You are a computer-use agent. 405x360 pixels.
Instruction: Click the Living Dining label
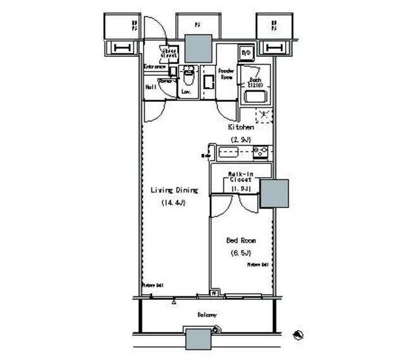pyautogui.click(x=174, y=190)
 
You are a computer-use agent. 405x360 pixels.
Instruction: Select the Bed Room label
pyautogui.click(x=241, y=240)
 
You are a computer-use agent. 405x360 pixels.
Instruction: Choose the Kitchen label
pyautogui.click(x=241, y=127)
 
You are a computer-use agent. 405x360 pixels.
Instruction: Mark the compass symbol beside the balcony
pyautogui.click(x=299, y=333)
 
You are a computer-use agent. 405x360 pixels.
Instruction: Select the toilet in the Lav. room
pyautogui.click(x=187, y=79)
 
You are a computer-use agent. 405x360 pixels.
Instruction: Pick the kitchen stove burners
pyautogui.click(x=261, y=152)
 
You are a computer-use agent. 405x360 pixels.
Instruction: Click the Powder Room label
pyautogui.click(x=226, y=73)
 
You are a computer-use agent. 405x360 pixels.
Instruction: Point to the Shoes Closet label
pyautogui.click(x=169, y=54)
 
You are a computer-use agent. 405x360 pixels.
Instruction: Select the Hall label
pyautogui.click(x=151, y=87)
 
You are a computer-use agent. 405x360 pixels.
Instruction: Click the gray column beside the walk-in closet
pyautogui.click(x=274, y=194)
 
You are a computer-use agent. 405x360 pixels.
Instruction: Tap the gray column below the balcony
pyautogui.click(x=199, y=340)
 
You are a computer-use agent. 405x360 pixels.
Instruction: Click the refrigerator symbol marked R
pyautogui.click(x=264, y=115)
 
